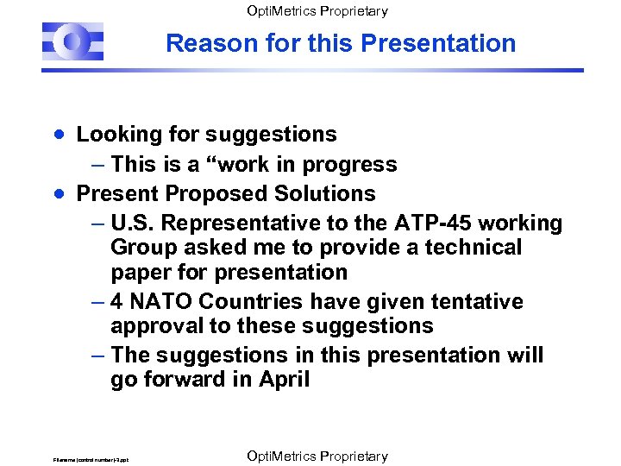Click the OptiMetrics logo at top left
73,41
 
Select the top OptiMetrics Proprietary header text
317,11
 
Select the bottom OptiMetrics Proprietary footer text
317,456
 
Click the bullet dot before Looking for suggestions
57,135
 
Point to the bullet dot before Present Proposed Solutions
57,193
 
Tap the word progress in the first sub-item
354,165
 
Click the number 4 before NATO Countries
117,302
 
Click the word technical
469,248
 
